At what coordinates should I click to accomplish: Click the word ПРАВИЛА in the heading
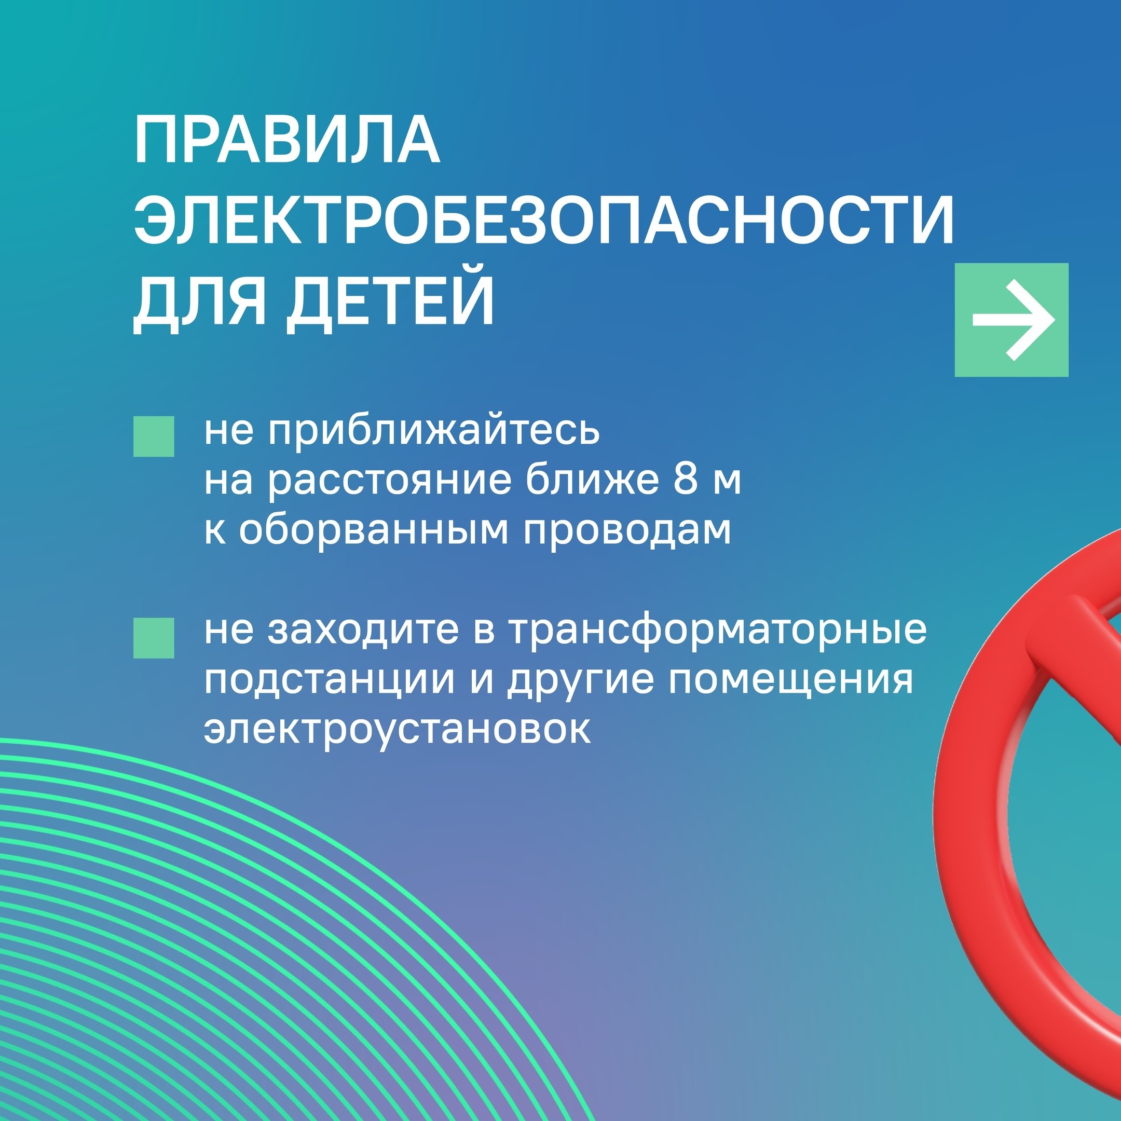[286, 141]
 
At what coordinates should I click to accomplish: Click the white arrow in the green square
[1013, 320]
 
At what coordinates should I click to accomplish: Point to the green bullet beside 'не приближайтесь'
[154, 436]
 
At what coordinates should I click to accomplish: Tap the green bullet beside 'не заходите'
[154, 638]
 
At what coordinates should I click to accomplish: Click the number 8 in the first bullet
[685, 481]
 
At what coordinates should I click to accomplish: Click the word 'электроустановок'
[398, 729]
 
